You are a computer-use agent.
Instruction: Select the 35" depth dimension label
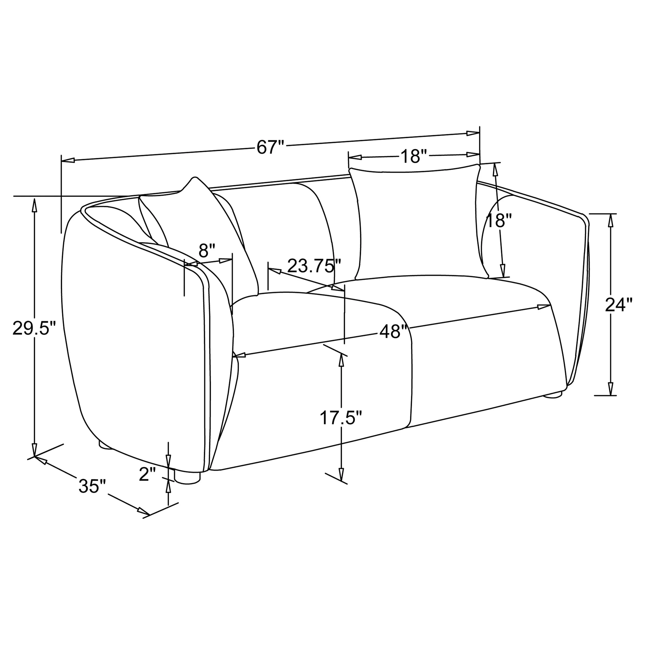(92, 486)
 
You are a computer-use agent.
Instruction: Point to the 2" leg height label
(148, 474)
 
